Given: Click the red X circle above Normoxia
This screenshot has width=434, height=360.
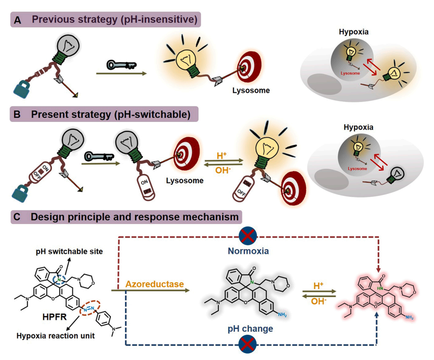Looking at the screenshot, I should click(248, 236).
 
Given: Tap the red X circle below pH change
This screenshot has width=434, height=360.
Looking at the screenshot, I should click(248, 344).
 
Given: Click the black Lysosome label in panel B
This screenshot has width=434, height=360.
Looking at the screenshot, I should click(185, 180).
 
